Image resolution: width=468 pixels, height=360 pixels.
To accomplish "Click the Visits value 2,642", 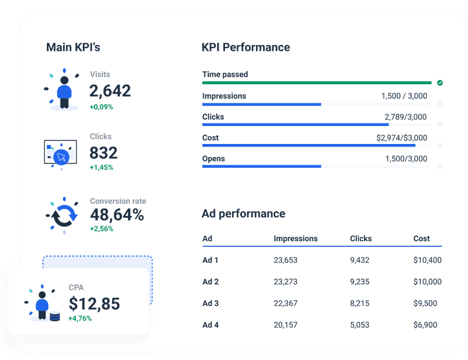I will click(110, 91).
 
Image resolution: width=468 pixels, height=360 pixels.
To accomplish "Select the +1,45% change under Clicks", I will click(102, 167).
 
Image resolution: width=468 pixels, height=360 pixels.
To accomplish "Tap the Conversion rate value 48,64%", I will click(116, 215).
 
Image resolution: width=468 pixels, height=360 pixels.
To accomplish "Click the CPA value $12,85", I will click(94, 303).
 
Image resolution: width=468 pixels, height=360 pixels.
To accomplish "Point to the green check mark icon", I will click(440, 82).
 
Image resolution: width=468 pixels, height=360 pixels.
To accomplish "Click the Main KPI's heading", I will click(73, 48).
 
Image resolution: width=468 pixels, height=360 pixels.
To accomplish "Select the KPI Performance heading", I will click(246, 48).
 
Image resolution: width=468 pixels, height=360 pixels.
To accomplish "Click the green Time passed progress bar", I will click(316, 82).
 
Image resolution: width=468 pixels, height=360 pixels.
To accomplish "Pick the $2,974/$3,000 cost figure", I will click(401, 138).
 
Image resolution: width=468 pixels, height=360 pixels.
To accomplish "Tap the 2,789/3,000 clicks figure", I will click(405, 117).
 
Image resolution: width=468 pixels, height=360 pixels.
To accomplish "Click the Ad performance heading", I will click(243, 213).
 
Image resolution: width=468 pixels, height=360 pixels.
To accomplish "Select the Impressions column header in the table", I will click(295, 239).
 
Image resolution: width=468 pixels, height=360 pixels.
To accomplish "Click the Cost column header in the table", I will click(421, 239).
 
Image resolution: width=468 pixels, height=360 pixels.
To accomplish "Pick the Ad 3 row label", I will click(210, 303).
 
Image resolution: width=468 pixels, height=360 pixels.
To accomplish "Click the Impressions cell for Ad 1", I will click(285, 260).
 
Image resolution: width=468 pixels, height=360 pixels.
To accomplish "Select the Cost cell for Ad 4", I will click(426, 325).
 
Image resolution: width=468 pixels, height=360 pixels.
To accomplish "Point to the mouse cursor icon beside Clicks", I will click(60, 156).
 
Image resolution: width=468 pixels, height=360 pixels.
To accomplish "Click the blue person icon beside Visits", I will click(64, 91).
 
